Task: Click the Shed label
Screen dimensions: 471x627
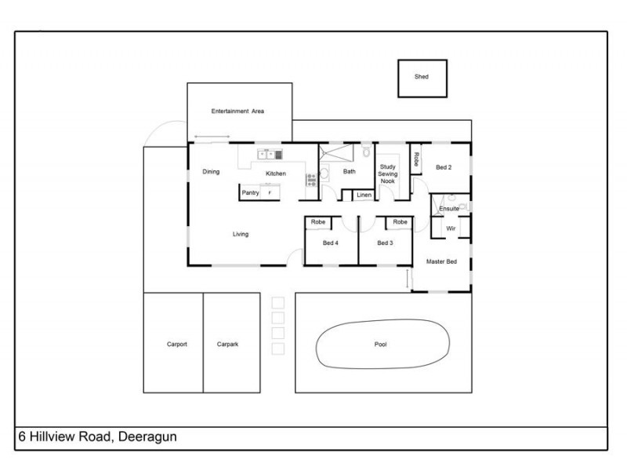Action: tap(422, 77)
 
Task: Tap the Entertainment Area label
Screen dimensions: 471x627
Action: tap(237, 111)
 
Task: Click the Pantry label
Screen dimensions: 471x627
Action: tap(250, 192)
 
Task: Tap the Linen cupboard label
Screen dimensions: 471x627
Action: tap(364, 195)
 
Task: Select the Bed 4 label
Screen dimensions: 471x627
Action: tap(330, 243)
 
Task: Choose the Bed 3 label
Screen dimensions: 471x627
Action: tap(384, 243)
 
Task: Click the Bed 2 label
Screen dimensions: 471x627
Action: tap(444, 166)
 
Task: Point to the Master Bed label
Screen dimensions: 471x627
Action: tap(441, 261)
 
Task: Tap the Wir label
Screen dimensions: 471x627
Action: tap(451, 228)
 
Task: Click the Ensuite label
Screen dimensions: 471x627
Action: tap(448, 209)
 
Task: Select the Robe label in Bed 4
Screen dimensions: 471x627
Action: tap(318, 223)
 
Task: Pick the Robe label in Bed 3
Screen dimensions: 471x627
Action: tap(400, 223)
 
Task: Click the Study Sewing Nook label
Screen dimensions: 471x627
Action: tap(387, 173)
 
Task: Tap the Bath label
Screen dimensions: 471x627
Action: tap(350, 171)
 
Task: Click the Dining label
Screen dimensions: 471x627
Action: tap(211, 172)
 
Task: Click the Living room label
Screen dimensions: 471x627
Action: tap(241, 234)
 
